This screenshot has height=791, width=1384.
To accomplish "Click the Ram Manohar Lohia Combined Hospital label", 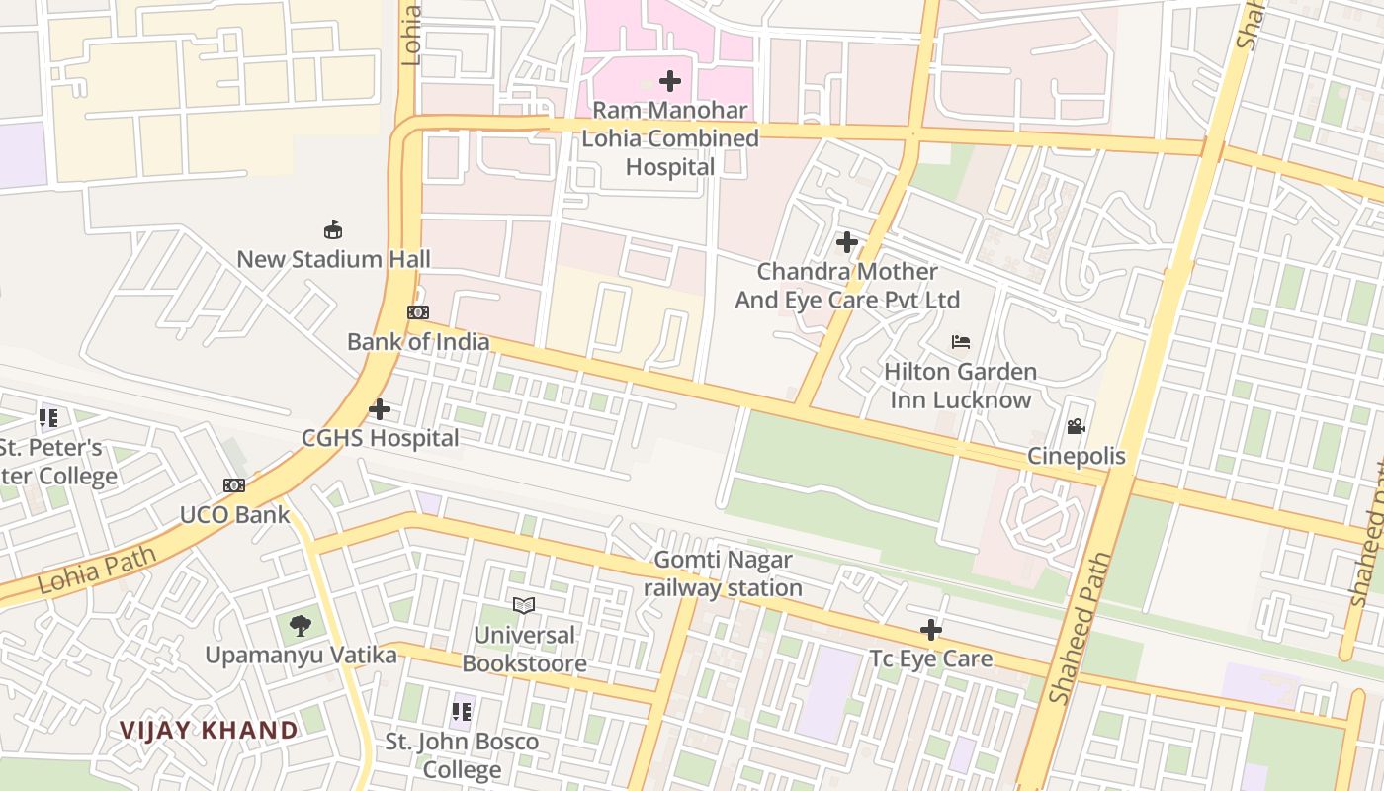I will pyautogui.click(x=669, y=138).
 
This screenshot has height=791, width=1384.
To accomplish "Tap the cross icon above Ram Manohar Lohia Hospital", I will pyautogui.click(x=670, y=81).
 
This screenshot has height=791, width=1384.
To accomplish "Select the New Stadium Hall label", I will pyautogui.click(x=333, y=259).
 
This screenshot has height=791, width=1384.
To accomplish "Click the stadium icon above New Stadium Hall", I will pyautogui.click(x=333, y=230).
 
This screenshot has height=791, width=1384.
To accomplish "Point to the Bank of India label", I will pyautogui.click(x=417, y=342).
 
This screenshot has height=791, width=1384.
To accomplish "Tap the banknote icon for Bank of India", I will pyautogui.click(x=418, y=312).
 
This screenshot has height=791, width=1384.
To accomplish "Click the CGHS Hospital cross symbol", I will pyautogui.click(x=380, y=409).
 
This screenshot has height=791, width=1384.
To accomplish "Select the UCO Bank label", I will pyautogui.click(x=234, y=514).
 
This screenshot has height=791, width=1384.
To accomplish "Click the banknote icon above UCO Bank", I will pyautogui.click(x=234, y=485).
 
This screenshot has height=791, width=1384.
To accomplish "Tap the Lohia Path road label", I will pyautogui.click(x=97, y=570).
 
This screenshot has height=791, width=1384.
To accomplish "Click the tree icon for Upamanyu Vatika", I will pyautogui.click(x=301, y=626).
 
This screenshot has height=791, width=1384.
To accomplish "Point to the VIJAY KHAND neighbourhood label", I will pyautogui.click(x=209, y=731).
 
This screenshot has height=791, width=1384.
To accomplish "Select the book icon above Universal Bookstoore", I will pyautogui.click(x=524, y=605).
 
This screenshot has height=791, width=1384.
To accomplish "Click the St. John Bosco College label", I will pyautogui.click(x=462, y=755).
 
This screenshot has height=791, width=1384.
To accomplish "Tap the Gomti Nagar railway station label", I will pyautogui.click(x=723, y=574).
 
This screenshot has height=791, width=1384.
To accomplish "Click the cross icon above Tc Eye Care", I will pyautogui.click(x=930, y=630).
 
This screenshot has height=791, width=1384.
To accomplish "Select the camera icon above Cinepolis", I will pyautogui.click(x=1076, y=427).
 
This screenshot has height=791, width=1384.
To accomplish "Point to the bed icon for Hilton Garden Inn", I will pyautogui.click(x=960, y=343).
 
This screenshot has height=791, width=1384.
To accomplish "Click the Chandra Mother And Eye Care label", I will pyautogui.click(x=847, y=285).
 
